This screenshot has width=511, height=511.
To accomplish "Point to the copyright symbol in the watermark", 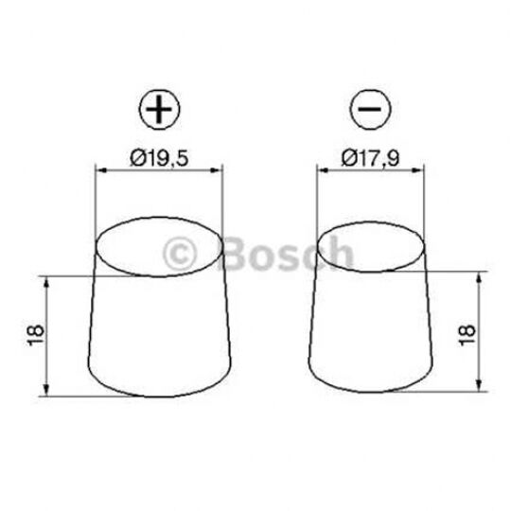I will (182, 253).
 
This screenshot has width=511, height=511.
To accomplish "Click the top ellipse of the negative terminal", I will (369, 248).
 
